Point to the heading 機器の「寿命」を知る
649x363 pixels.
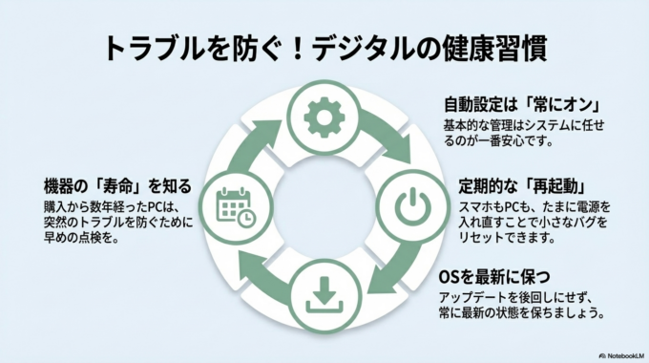click(118, 185)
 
